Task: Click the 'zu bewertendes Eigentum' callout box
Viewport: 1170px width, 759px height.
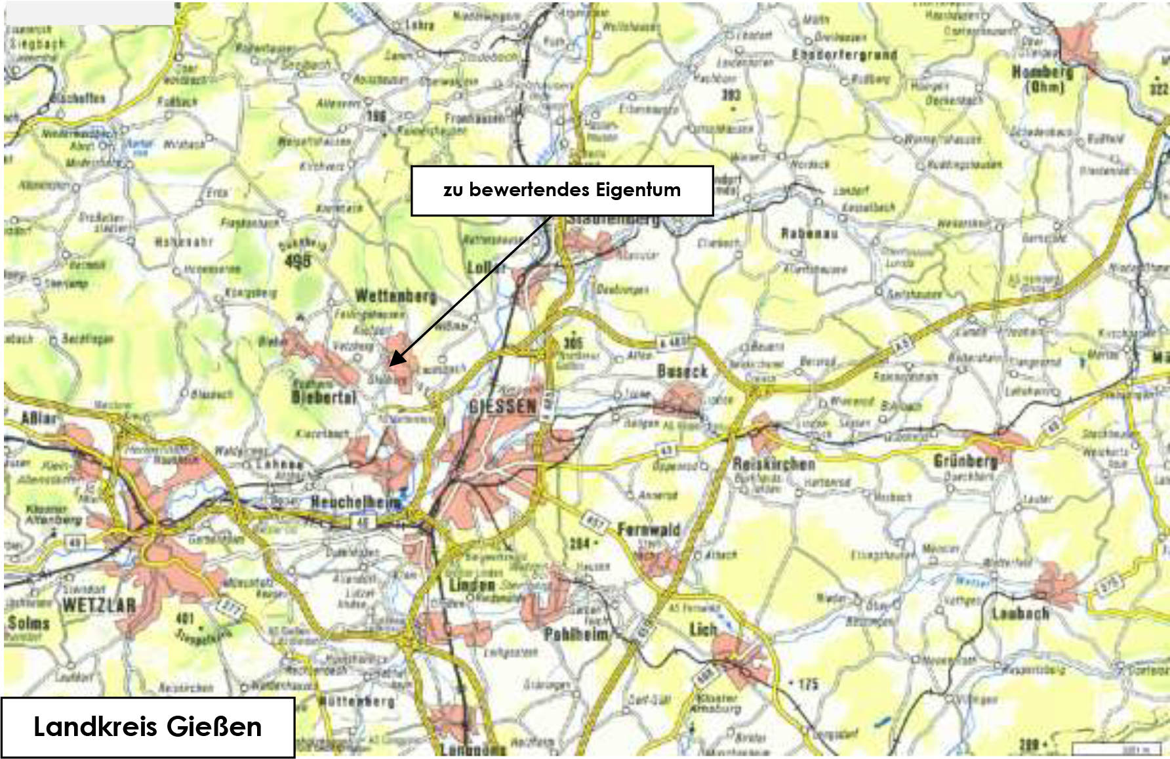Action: [562, 191]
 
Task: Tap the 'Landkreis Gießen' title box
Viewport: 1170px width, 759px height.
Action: [148, 727]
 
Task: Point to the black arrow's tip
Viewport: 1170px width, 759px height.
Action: [391, 365]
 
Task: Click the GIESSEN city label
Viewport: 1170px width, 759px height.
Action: [503, 407]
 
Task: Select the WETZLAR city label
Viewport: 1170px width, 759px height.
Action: [99, 605]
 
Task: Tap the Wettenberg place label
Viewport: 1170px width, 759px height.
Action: [395, 297]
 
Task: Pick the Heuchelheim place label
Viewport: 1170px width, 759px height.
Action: [355, 503]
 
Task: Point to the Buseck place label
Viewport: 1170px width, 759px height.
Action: [683, 371]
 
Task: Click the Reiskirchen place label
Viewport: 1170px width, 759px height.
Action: [774, 464]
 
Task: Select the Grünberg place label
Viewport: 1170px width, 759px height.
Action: [965, 461]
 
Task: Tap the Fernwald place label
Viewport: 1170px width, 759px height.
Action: [649, 529]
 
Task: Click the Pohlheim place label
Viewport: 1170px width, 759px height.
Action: [576, 634]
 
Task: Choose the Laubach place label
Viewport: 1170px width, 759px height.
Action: [1020, 613]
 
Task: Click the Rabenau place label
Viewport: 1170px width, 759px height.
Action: [809, 234]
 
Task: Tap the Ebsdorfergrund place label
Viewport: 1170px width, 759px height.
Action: [845, 54]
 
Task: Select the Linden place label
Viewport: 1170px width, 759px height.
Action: [472, 585]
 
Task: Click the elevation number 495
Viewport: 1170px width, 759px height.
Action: [298, 260]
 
